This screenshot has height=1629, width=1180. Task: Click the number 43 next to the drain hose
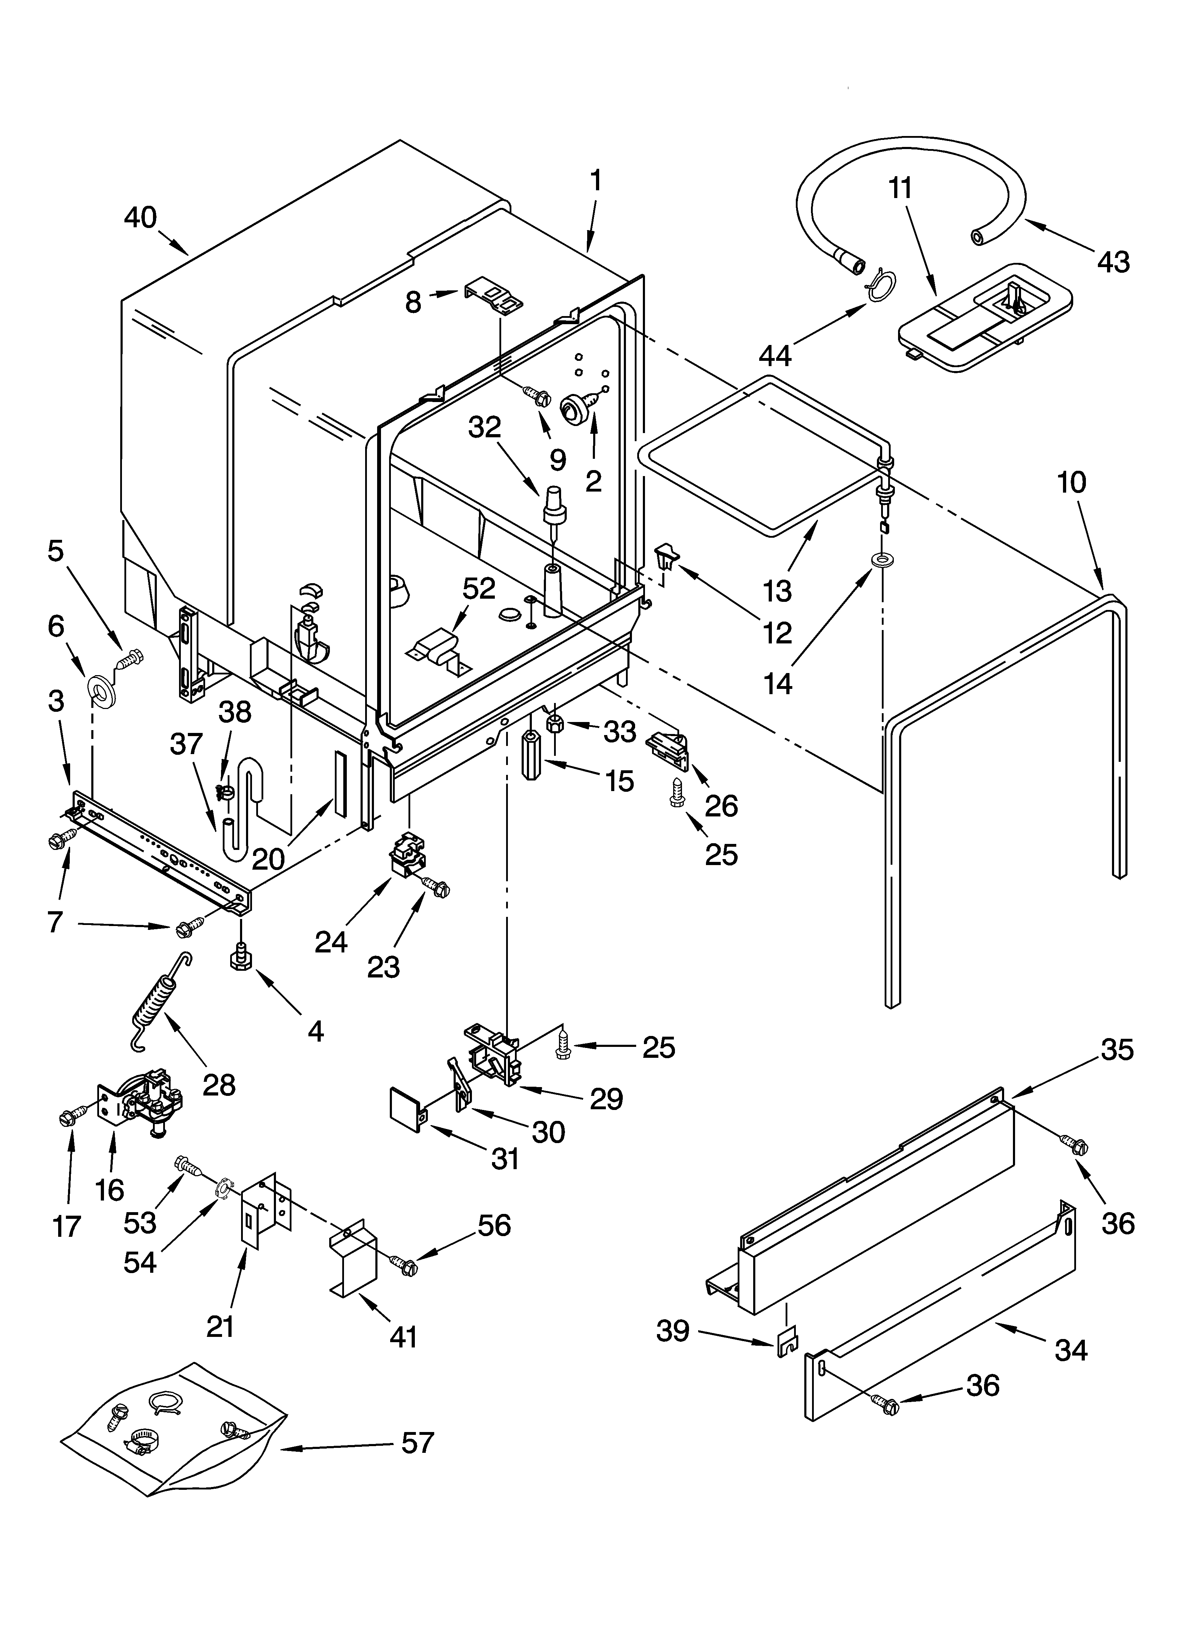tap(1113, 261)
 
